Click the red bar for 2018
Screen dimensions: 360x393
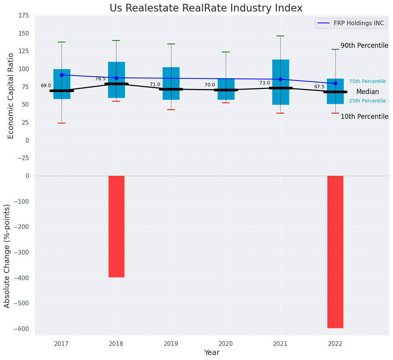tap(116, 226)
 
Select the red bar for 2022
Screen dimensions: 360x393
tap(335, 252)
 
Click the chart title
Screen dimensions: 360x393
tap(206, 8)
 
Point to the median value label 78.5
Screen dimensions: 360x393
tap(100, 79)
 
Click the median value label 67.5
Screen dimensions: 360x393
tap(319, 87)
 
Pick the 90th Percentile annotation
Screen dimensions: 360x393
tap(364, 45)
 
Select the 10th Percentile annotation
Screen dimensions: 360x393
tap(364, 117)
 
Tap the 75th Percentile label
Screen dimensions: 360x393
tap(367, 81)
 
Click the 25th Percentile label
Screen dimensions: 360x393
tap(367, 101)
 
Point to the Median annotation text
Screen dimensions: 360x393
tap(367, 92)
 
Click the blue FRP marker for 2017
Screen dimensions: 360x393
tap(61, 75)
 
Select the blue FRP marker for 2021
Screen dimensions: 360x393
tap(280, 79)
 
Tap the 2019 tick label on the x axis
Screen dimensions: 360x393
tap(171, 344)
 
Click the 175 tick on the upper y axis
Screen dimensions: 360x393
tap(23, 15)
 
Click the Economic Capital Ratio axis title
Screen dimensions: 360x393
tap(11, 96)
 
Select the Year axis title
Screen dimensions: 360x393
tap(212, 353)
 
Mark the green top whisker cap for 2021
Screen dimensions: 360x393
tap(280, 36)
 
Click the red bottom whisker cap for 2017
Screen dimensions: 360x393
tap(61, 123)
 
